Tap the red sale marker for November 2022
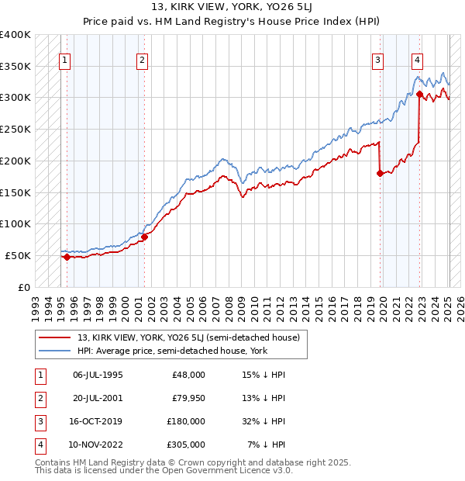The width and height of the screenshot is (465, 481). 419,95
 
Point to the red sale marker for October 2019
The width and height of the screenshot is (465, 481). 380,174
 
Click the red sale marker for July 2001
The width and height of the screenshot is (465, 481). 144,237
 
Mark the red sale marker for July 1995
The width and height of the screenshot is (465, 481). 67,257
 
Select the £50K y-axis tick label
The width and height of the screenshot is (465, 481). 18,255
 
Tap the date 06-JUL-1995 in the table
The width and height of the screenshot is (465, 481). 98,375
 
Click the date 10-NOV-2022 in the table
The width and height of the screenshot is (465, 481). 98,445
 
